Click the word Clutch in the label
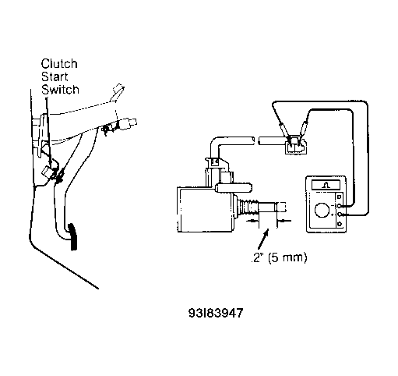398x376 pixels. [59, 64]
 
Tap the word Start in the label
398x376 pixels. [55, 76]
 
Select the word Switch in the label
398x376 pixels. [60, 90]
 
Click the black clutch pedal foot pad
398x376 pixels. [73, 236]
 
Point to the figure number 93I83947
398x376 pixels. [216, 313]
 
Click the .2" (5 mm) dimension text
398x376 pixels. [280, 257]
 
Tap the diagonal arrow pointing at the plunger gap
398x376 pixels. [263, 239]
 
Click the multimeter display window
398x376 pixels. [326, 185]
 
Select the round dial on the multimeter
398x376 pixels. [322, 210]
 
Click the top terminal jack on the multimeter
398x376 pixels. [339, 197]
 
